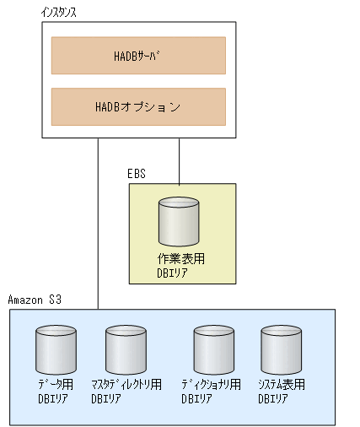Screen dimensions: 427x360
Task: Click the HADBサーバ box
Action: tap(138, 56)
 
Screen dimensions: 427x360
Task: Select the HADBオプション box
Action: tap(138, 107)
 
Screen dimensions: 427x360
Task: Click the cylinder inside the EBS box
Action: tap(179, 221)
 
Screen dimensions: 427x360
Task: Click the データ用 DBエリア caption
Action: tap(56, 391)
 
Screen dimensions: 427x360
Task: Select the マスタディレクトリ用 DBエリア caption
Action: tap(126, 391)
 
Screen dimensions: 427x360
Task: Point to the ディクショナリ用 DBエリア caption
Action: tap(212, 391)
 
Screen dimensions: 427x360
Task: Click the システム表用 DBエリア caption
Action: tap(282, 391)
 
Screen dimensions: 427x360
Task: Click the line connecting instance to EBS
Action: tap(179, 160)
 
